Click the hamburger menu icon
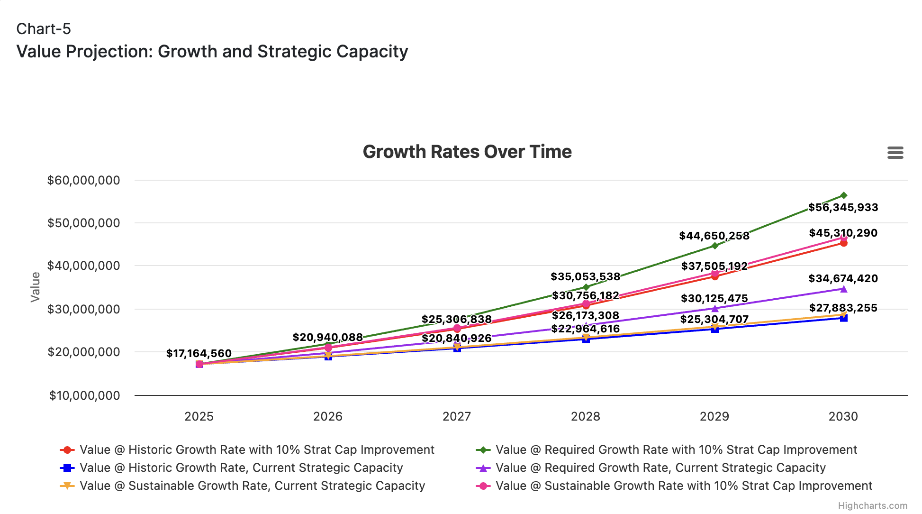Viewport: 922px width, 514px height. [x=895, y=153]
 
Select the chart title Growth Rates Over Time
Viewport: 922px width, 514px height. [x=467, y=152]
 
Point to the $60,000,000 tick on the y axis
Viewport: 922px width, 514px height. [x=84, y=180]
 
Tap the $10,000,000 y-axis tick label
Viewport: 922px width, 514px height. [x=85, y=395]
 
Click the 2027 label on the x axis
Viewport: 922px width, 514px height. [x=457, y=416]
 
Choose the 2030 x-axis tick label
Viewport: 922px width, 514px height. [x=843, y=416]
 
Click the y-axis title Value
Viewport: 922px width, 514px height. [x=36, y=287]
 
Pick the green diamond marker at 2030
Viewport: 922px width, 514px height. [x=844, y=195]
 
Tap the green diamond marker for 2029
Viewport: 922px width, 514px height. [x=715, y=246]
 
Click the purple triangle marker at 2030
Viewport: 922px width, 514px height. [x=844, y=289]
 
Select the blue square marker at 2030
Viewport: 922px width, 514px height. [x=844, y=318]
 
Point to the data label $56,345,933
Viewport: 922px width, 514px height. [x=843, y=207]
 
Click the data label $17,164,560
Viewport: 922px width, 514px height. [x=199, y=353]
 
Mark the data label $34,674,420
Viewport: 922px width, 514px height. [x=843, y=278]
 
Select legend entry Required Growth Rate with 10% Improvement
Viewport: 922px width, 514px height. [x=676, y=450]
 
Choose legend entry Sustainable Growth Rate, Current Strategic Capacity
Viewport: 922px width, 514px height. [x=253, y=486]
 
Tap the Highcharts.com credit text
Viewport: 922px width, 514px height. [x=873, y=505]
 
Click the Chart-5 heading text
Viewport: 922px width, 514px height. [x=44, y=29]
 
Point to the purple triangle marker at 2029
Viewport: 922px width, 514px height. [x=715, y=309]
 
